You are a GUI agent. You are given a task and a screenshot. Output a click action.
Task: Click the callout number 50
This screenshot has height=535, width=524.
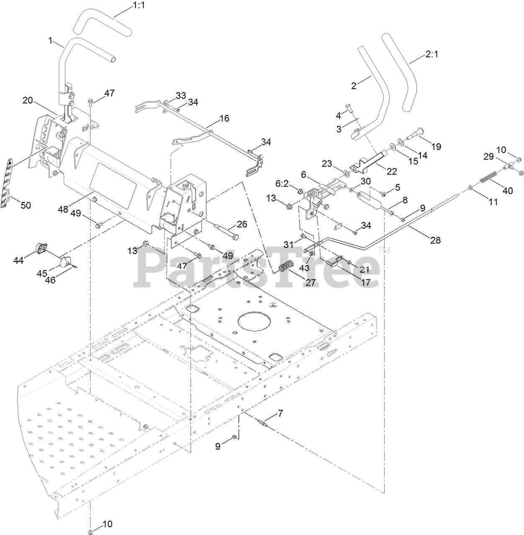(x=26, y=205)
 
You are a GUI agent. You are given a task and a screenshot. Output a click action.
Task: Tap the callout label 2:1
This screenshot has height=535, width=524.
(x=432, y=54)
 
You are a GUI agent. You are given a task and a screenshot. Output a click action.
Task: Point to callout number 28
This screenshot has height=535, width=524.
(x=435, y=240)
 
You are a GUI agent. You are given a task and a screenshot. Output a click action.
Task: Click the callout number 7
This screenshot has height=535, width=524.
(x=280, y=414)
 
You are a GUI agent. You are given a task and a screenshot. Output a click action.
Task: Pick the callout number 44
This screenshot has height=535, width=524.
(x=18, y=260)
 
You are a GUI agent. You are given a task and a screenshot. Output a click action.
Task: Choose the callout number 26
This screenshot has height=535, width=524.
(x=242, y=224)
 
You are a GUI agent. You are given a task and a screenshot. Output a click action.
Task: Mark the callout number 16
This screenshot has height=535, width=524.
(x=224, y=118)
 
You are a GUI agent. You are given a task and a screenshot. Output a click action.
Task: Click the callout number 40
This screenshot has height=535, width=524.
(x=508, y=191)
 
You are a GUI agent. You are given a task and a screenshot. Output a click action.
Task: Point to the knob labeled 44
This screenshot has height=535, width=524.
(x=41, y=248)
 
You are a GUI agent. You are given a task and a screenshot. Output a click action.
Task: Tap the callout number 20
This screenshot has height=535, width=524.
(x=28, y=100)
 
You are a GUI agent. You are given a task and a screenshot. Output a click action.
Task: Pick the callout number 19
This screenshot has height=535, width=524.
(x=436, y=147)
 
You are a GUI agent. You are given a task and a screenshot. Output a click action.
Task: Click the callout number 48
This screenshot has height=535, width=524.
(x=63, y=209)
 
